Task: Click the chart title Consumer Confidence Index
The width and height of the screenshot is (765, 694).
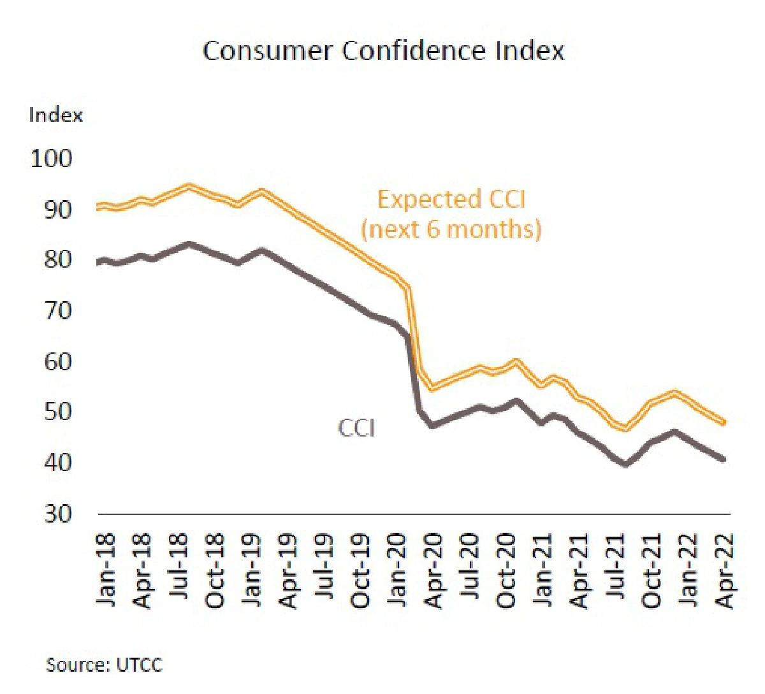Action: click(x=383, y=50)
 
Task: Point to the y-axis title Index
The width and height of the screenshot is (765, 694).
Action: click(x=55, y=115)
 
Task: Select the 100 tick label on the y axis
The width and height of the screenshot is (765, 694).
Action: click(x=52, y=158)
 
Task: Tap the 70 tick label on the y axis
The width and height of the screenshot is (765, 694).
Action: click(x=58, y=310)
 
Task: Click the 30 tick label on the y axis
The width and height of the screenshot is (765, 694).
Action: click(x=58, y=513)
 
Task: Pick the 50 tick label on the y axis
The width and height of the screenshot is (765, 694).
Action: click(x=58, y=412)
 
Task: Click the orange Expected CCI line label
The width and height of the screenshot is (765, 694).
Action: click(x=451, y=213)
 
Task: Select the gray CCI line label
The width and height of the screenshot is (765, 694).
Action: click(x=356, y=428)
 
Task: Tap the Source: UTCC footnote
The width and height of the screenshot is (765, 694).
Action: click(x=104, y=665)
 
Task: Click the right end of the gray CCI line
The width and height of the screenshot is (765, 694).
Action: click(x=724, y=459)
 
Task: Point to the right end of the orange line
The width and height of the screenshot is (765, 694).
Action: click(x=724, y=421)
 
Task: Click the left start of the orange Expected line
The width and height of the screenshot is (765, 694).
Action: click(x=99, y=206)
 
